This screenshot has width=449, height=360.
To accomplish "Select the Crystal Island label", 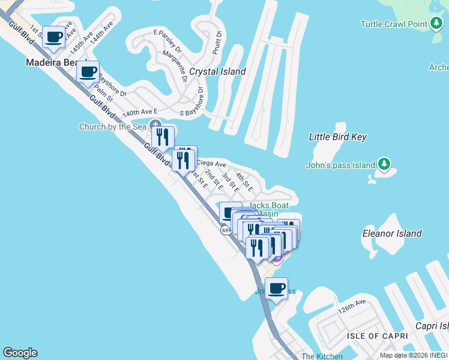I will click(x=217, y=71).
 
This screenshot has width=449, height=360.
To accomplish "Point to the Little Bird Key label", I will click(x=337, y=137).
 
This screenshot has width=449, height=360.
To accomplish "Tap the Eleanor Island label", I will click(x=392, y=233).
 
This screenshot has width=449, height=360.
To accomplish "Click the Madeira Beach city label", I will click(x=54, y=62).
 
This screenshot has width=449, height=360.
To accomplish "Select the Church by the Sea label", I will click(x=113, y=127).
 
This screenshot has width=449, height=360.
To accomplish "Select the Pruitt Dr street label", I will click(x=217, y=44).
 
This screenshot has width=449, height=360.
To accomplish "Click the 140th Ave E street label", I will click(x=140, y=112).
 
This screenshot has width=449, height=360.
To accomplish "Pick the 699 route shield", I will click(x=226, y=230).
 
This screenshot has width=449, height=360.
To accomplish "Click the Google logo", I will click(x=20, y=353).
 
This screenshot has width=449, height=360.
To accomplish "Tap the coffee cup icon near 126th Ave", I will click(x=276, y=289).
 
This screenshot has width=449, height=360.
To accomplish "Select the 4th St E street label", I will click(x=244, y=181).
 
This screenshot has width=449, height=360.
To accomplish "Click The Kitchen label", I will click(x=322, y=356).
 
